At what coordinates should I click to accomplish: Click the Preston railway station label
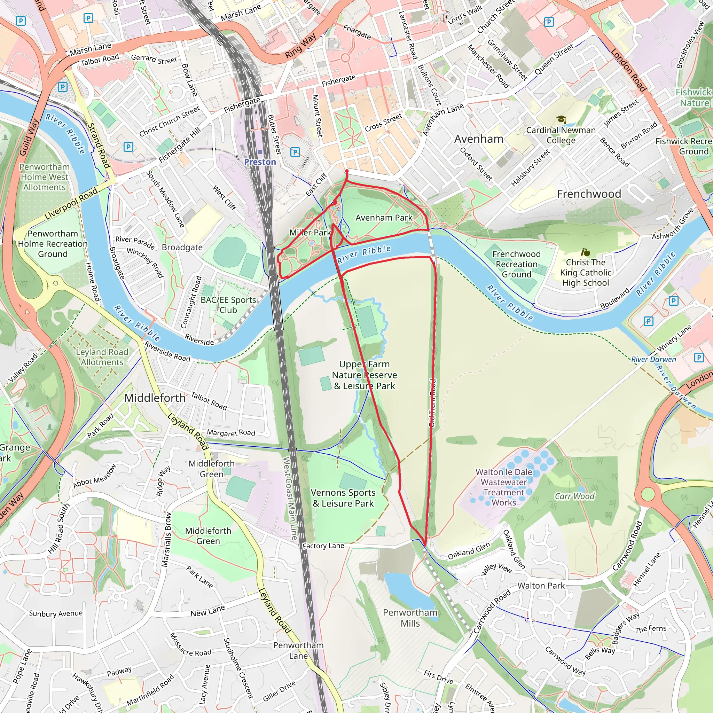pyautogui.click(x=260, y=162)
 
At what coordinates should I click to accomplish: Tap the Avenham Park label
pyautogui.click(x=384, y=218)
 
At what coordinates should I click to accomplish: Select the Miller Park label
pyautogui.click(x=310, y=233)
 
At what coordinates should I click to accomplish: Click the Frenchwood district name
pyautogui.click(x=589, y=194)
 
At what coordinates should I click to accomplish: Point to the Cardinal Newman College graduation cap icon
pyautogui.click(x=561, y=119)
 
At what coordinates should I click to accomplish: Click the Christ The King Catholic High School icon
pyautogui.click(x=585, y=252)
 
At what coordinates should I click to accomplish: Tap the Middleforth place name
pyautogui.click(x=155, y=398)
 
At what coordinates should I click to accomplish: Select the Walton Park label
pyautogui.click(x=541, y=586)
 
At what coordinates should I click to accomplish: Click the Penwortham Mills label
pyautogui.click(x=410, y=618)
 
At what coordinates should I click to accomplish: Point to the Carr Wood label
pyautogui.click(x=574, y=496)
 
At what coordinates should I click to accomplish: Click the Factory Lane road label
pyautogui.click(x=323, y=546)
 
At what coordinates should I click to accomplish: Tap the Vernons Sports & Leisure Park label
pyautogui.click(x=343, y=498)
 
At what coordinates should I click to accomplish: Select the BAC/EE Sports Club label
pyautogui.click(x=228, y=305)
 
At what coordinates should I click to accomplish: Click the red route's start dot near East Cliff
pyautogui.click(x=346, y=171)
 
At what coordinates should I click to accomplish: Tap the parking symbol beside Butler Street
pyautogui.click(x=295, y=152)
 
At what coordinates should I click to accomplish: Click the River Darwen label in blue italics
pyautogui.click(x=653, y=359)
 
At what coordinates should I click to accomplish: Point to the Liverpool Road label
pyautogui.click(x=71, y=204)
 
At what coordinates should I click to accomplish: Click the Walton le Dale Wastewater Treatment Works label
pyautogui.click(x=504, y=487)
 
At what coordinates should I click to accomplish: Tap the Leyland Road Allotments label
pyautogui.click(x=102, y=357)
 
